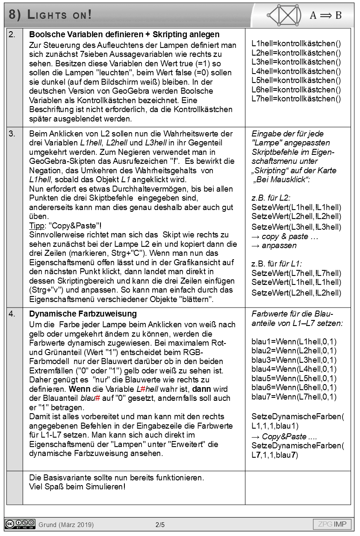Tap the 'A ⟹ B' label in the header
325,15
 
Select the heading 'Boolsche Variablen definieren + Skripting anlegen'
124,35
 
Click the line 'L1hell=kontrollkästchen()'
296,44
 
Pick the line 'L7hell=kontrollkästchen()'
296,99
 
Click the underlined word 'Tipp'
36,226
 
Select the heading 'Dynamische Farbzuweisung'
83,314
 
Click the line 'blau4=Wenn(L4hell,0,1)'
294,369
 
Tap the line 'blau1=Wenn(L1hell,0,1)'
294,341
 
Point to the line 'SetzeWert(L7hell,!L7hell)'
296,273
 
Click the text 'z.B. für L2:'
271,198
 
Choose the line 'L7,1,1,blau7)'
275,455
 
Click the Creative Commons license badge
20,524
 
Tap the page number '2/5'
160,524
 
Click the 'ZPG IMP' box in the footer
332,524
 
